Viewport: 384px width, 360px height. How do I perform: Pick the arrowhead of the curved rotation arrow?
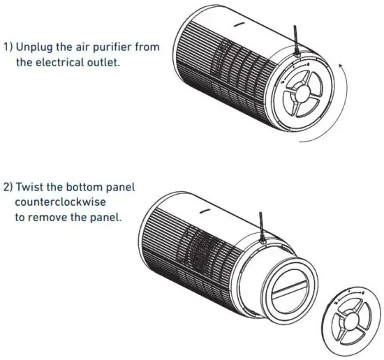pos(341,65)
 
